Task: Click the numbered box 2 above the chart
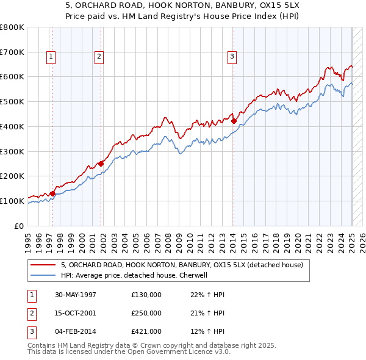pos(99,57)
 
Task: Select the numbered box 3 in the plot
pos(232,57)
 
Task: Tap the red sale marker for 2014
pos(234,121)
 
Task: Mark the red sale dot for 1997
pos(53,193)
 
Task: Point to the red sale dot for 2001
pos(101,164)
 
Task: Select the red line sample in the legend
pos(43,265)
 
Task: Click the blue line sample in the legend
pos(43,275)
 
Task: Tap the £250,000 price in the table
pos(146,313)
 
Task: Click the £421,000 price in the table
pos(146,331)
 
